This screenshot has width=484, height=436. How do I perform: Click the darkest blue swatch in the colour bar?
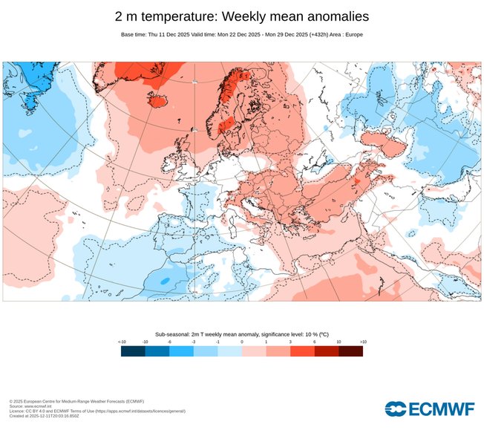[133, 351]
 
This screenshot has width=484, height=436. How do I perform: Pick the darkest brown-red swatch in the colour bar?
[350, 351]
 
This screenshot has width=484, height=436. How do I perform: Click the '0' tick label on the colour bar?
[242, 342]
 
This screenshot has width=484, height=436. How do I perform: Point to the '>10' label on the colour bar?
[362, 342]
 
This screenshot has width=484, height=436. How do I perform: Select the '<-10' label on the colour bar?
[122, 342]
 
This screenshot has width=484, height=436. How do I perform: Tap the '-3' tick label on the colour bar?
[194, 342]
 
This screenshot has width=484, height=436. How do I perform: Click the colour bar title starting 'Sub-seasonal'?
[242, 334]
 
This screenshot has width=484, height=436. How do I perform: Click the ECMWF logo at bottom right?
[428, 408]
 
